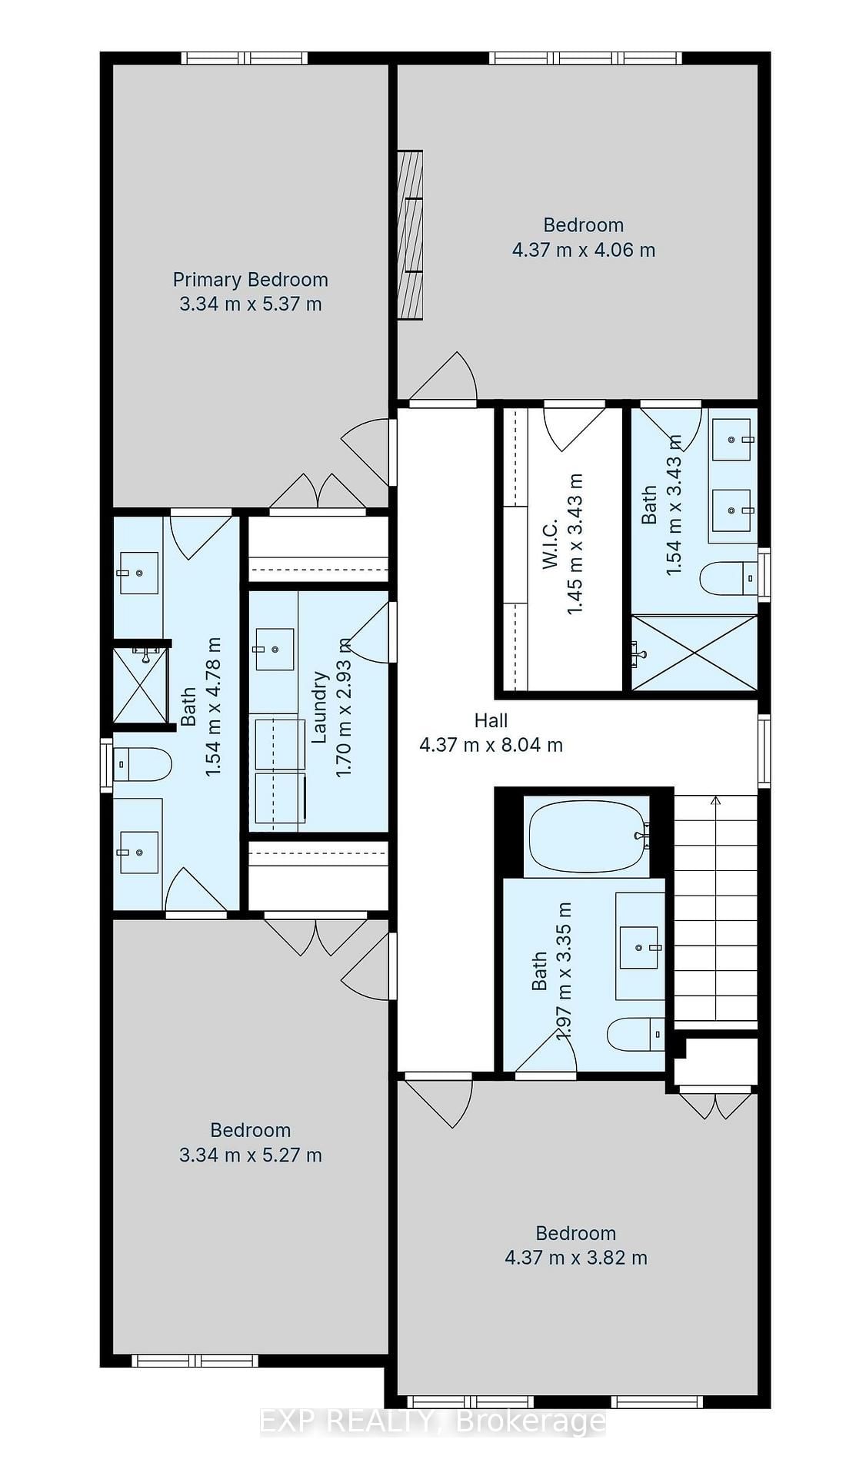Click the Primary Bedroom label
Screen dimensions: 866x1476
[x=250, y=280]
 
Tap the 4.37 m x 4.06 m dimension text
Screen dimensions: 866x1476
[x=584, y=250]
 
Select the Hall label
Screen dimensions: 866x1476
[x=491, y=720]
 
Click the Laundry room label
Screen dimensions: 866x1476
[x=320, y=707]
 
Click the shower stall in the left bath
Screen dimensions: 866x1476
[x=139, y=685]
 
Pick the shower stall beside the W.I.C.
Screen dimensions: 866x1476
[x=694, y=652]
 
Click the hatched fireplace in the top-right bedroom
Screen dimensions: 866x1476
[x=410, y=234]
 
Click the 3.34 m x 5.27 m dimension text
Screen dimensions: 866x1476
[x=250, y=1155]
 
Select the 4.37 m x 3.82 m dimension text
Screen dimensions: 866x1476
[x=576, y=1258]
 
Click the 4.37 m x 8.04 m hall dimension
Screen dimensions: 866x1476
[x=491, y=745]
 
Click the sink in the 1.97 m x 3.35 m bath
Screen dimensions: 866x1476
[x=641, y=948]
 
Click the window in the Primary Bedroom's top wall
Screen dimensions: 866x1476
[x=245, y=58]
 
